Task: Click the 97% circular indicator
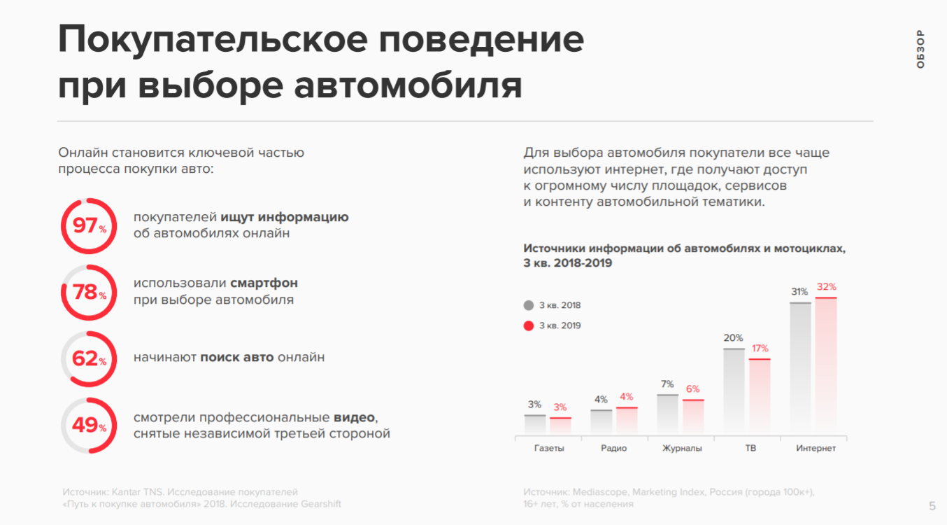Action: point(89,226)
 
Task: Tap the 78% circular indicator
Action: point(89,293)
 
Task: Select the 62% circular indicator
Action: point(89,359)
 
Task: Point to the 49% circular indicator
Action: point(89,426)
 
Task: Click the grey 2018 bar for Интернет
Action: point(800,367)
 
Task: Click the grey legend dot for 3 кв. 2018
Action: point(529,305)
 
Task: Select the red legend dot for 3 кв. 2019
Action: point(529,325)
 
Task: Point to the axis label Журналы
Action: point(682,449)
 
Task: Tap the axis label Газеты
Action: point(549,449)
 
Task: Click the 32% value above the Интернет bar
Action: point(826,287)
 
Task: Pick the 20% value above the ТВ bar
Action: point(734,338)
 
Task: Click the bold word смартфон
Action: point(264,283)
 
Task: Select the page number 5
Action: point(932,506)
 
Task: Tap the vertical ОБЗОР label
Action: point(920,49)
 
